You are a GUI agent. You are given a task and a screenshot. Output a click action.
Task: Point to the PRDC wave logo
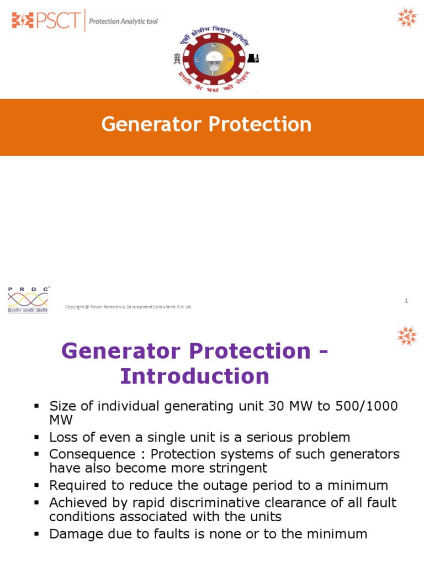click(x=28, y=299)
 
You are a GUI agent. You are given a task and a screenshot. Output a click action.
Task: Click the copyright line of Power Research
click(x=128, y=307)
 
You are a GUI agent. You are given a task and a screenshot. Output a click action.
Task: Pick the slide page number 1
click(x=406, y=301)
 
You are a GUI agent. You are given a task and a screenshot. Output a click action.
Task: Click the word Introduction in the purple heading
click(x=195, y=376)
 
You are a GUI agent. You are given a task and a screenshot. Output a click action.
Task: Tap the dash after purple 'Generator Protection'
click(x=324, y=351)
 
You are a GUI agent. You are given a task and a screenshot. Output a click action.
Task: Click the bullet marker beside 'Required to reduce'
click(x=37, y=485)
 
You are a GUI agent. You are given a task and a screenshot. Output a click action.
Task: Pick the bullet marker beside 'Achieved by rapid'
click(x=37, y=503)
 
